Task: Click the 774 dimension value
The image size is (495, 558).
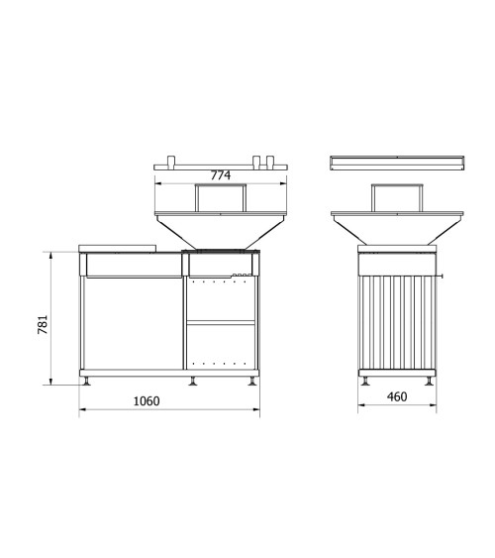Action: point(221,175)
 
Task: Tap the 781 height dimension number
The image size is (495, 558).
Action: point(43,324)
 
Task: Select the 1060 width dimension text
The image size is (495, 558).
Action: point(147,401)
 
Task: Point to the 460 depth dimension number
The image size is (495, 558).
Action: point(397,396)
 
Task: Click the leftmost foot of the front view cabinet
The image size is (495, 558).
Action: point(86,382)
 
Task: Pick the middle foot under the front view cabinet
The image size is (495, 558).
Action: point(193,382)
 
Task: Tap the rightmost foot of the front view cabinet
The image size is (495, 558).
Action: point(252,382)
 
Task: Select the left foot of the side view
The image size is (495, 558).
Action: point(365,382)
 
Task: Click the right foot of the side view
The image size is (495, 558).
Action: point(429,382)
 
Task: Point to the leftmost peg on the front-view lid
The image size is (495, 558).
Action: point(171,161)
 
